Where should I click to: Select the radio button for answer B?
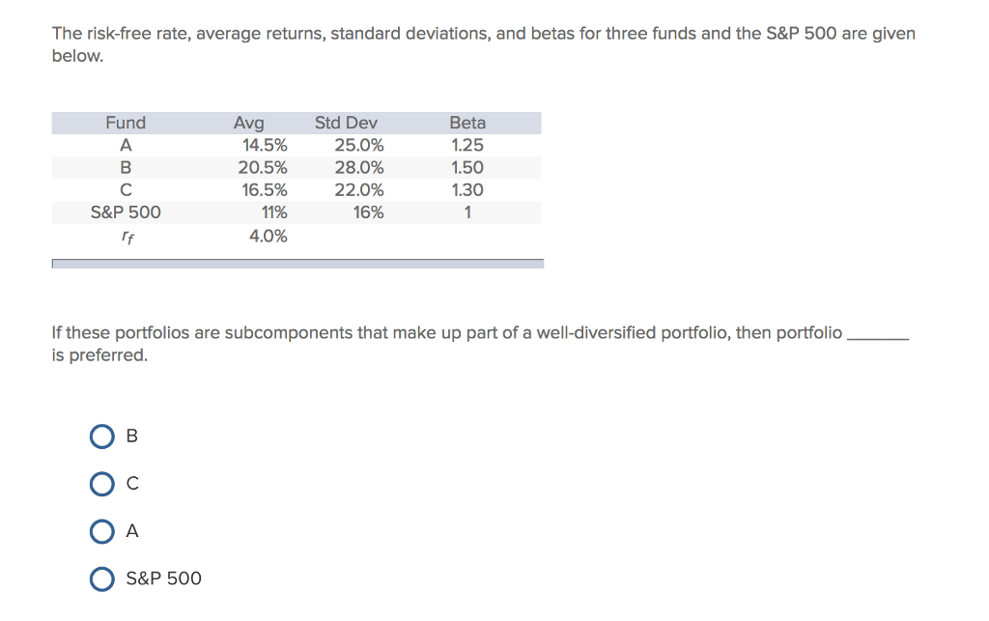(x=102, y=437)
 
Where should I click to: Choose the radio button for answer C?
(x=102, y=484)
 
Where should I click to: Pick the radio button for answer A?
(x=102, y=531)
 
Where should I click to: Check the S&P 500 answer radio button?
(x=102, y=579)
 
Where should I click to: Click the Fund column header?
(x=126, y=123)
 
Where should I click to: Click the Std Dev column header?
(x=346, y=123)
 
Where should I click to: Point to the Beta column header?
(x=467, y=123)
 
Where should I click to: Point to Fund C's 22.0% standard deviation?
(x=359, y=190)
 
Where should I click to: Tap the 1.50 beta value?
(x=467, y=168)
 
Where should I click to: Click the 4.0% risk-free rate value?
(x=268, y=236)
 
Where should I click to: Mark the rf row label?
(x=126, y=236)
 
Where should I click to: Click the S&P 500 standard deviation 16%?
(x=368, y=212)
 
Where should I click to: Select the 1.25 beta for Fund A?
(x=467, y=146)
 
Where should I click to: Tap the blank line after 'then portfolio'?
(x=877, y=336)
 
